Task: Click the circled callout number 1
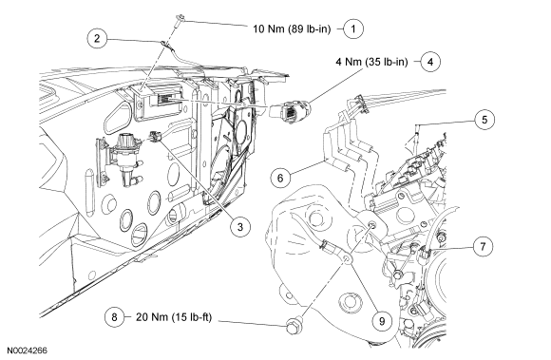point(353,28)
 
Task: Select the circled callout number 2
point(97,38)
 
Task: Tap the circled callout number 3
point(240,226)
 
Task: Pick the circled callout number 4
point(430,62)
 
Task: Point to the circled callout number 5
point(484,120)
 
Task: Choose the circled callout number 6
point(280,178)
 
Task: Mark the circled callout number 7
point(483,247)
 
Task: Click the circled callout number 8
point(114,317)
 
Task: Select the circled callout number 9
point(382,320)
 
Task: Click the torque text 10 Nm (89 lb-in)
point(292,28)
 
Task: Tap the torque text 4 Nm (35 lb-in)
point(371,62)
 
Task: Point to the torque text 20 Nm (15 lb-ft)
point(174,317)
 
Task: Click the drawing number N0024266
point(27,351)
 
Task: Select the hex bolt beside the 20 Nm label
point(292,327)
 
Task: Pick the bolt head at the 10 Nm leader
point(180,18)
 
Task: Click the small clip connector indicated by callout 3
point(155,136)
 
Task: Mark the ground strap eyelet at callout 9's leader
point(346,259)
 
